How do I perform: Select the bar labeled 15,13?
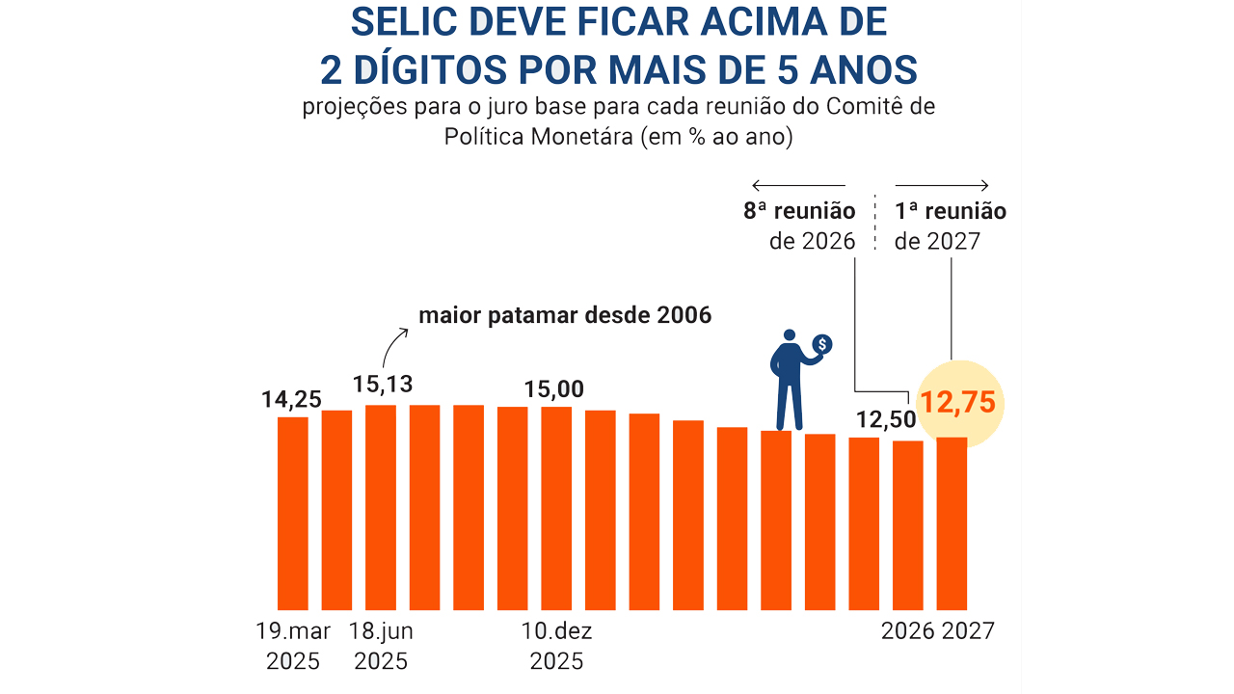pos(381,507)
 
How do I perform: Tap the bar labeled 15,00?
pos(556,508)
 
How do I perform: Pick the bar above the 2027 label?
pos(952,523)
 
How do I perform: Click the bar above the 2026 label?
pos(907,525)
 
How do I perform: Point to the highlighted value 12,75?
pos(956,402)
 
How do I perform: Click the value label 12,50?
pos(883,420)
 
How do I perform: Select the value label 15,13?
pos(383,384)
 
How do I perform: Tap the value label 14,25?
pos(291,398)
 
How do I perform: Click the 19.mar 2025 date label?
pos(293,646)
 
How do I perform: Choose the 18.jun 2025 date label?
pos(381,646)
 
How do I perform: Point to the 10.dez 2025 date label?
pos(556,646)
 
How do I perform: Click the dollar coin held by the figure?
pos(821,344)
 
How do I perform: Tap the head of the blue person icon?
pos(790,334)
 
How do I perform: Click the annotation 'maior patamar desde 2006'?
pos(565,315)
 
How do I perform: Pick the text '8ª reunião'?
pos(799,211)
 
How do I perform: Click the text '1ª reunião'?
pos(951,211)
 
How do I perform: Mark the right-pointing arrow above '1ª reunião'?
pos(943,185)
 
